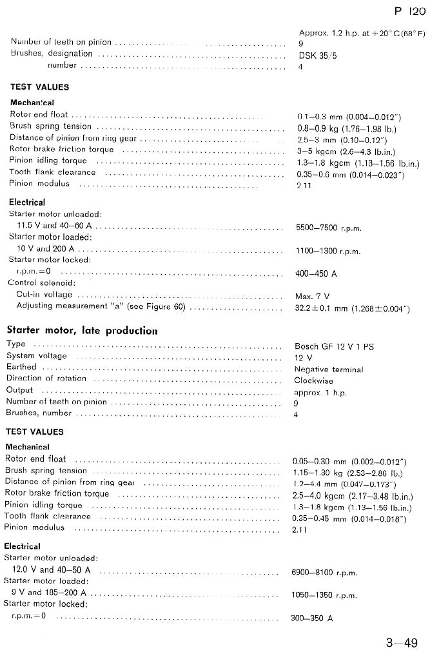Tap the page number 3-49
tap(401, 643)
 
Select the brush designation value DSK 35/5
tap(318, 55)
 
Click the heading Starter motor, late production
tap(82, 331)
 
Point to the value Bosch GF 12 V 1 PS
tap(334, 346)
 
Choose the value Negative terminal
tap(329, 370)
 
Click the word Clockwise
tap(314, 380)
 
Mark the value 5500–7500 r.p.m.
tap(328, 228)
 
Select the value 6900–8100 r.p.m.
tap(325, 573)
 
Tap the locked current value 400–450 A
tap(316, 274)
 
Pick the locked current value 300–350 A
tap(312, 618)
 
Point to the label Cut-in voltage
tap(44, 295)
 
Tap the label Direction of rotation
tap(46, 379)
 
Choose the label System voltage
tap(36, 355)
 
